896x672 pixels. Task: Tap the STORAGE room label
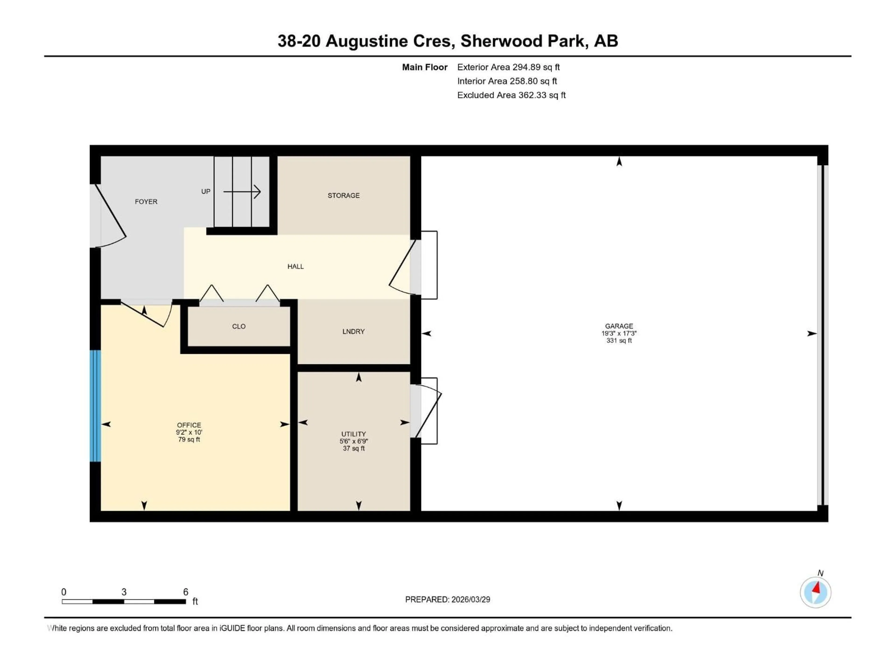[x=343, y=196]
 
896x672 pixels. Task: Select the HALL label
[x=295, y=266]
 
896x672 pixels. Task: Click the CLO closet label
[x=238, y=326]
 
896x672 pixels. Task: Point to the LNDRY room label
[x=353, y=332]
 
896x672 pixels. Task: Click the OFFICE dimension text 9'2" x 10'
[x=189, y=432]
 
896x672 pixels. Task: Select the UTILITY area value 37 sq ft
[x=354, y=448]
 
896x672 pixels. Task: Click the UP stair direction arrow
[x=242, y=192]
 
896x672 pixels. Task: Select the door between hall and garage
[x=403, y=267]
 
